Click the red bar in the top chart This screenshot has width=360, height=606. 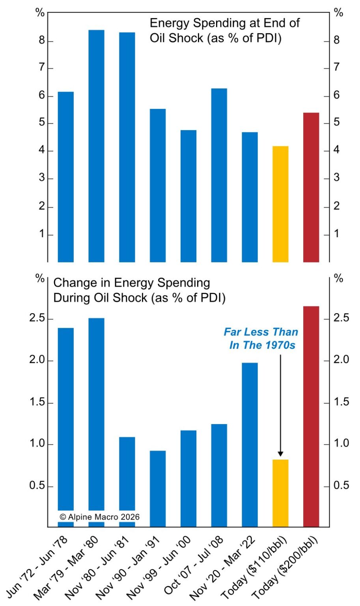click(x=311, y=187)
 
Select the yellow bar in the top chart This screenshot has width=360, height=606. click(x=280, y=204)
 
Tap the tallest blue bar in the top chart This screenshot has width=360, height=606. click(x=96, y=146)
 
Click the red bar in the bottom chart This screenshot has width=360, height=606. click(x=311, y=416)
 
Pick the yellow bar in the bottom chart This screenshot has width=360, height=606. click(x=280, y=493)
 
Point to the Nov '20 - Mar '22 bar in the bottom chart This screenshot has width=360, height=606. click(x=250, y=445)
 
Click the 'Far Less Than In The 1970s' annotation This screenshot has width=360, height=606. click(x=261, y=338)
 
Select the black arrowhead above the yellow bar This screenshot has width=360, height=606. click(x=280, y=454)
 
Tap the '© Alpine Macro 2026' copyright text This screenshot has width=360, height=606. click(x=99, y=517)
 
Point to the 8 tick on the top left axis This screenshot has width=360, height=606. click(x=41, y=41)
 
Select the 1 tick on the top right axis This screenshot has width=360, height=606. click(x=336, y=234)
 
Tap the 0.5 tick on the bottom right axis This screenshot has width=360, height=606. click(x=341, y=485)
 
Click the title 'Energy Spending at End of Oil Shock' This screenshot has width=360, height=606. click(x=224, y=30)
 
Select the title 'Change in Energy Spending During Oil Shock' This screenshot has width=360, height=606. click(x=139, y=290)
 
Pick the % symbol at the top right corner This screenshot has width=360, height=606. click(x=338, y=13)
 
